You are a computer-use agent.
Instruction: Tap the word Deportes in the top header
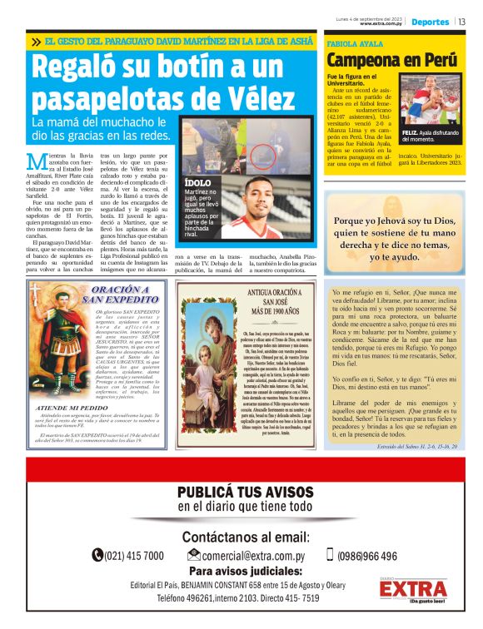tap(431, 22)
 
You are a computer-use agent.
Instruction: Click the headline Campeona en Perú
tap(391, 61)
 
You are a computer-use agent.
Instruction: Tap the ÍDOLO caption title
tap(197, 181)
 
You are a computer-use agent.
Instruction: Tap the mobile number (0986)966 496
tap(367, 556)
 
